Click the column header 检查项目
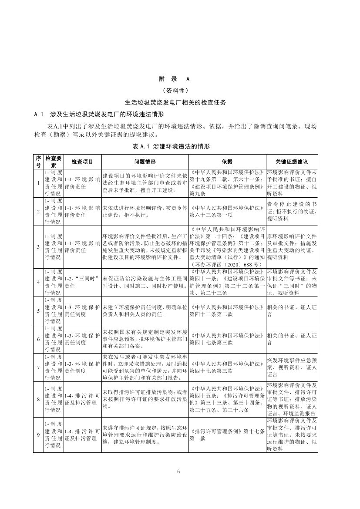click(x=82, y=161)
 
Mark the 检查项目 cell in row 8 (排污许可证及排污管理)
click(x=82, y=399)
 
